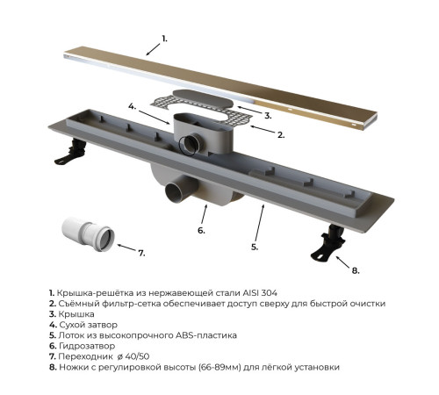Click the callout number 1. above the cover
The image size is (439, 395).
165,39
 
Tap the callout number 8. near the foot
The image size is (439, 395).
356,270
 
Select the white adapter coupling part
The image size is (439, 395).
89,234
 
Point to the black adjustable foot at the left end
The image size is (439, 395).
71,151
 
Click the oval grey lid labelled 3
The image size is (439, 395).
204,99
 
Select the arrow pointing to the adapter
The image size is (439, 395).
127,248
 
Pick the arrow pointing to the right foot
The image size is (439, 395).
342,262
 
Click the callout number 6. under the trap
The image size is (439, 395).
201,231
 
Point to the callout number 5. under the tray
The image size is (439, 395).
255,248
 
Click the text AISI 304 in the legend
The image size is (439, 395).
260,292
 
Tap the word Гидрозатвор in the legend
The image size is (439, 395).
87,346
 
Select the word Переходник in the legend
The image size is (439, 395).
85,356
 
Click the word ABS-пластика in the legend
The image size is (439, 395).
206,335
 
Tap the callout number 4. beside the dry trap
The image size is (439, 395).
133,106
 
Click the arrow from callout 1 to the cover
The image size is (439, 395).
154,49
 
